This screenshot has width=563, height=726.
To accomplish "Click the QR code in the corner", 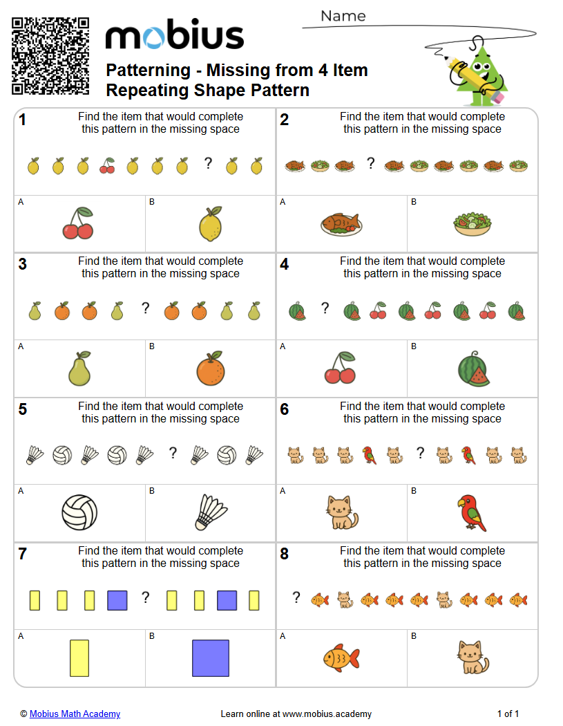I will pos(50,55).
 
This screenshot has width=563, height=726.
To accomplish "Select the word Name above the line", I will pos(343,16).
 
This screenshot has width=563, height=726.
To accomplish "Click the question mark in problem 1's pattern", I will pos(207,164).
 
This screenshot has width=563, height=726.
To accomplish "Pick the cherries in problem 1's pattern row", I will pos(108,166).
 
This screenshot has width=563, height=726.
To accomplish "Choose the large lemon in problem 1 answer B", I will pos(210,224).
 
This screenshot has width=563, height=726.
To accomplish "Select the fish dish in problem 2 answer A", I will pos(341,223).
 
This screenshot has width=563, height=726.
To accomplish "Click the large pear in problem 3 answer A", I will pos(79,369).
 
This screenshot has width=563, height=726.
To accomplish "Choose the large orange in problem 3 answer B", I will pos(210,369).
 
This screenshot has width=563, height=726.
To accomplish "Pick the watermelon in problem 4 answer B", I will pos(473,369).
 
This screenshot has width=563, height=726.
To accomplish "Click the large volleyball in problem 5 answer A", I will pos(79,512).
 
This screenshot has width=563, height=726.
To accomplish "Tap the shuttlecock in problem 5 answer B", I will pos(211,512).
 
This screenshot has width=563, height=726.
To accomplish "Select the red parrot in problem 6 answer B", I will pos(472,512).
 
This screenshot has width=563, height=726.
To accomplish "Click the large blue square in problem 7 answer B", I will pos(211,658).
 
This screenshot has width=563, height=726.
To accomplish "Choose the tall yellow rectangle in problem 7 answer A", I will pos(79,658).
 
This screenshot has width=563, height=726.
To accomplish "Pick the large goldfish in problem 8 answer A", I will pos(341,658).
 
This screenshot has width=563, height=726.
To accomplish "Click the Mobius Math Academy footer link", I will pos(75,714).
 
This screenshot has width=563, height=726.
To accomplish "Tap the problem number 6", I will pos(285,409).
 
